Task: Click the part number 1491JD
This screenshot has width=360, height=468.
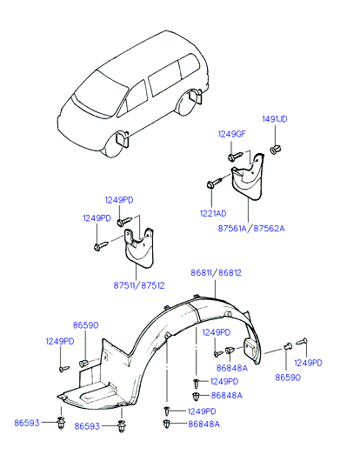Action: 275,119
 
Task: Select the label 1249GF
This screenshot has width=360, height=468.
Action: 232,134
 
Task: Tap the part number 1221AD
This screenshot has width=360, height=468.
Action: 213,214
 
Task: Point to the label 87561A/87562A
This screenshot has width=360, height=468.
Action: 251,229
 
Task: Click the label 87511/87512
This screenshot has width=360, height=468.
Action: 139,285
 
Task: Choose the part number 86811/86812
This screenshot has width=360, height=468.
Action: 217,273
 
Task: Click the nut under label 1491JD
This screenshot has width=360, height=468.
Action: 275,150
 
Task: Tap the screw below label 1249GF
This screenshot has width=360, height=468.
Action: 236,156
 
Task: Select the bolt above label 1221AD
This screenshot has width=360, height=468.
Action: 214,183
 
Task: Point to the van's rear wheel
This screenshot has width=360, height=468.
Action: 188,102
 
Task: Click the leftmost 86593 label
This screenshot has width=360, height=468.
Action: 27,423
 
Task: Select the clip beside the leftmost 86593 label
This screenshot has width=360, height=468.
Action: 61,422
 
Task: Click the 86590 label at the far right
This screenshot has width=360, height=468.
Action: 288,378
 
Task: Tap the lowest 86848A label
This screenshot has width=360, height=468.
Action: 204,425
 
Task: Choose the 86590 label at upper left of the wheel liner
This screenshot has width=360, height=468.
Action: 85,325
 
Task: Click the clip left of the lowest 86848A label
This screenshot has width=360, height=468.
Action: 166,424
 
